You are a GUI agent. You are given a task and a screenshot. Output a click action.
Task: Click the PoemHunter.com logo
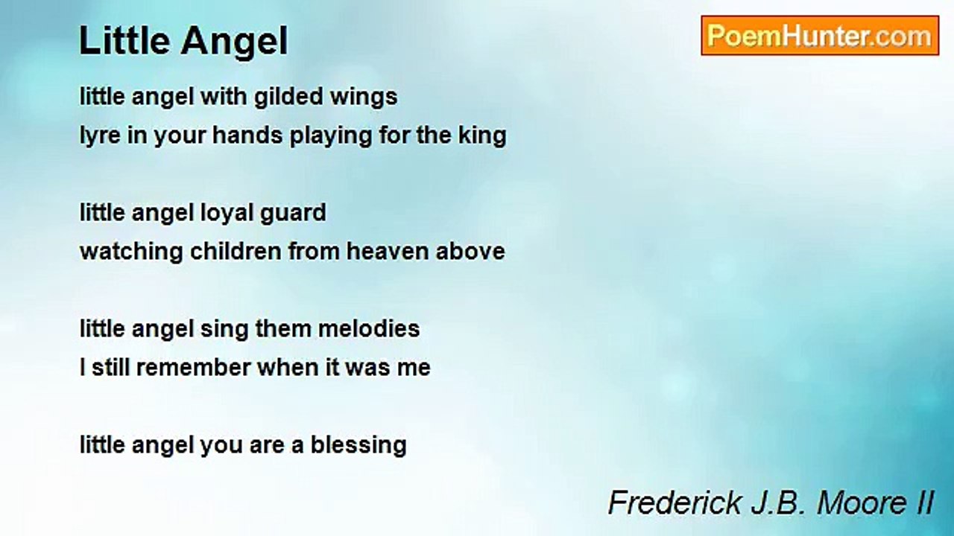click(820, 36)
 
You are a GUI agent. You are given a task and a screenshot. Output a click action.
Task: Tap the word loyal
click(226, 214)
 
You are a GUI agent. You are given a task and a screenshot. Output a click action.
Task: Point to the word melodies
click(369, 328)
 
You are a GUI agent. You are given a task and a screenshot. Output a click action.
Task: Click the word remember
click(193, 368)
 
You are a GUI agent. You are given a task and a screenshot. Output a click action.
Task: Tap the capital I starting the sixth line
click(82, 368)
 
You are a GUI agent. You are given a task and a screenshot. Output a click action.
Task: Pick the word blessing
click(358, 446)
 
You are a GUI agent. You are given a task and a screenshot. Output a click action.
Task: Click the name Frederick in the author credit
click(675, 502)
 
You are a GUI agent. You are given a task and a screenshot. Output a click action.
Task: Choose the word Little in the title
click(126, 41)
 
